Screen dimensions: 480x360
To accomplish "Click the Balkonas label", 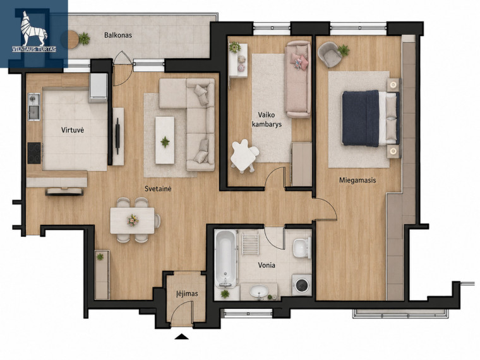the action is pyautogui.click(x=118, y=35).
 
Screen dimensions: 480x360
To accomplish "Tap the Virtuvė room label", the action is pyautogui.click(x=73, y=130).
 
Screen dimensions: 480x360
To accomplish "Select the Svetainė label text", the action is pyautogui.click(x=158, y=189).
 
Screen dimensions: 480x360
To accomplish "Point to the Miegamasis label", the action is pyautogui.click(x=357, y=180).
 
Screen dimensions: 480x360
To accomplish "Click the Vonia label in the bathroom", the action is pyautogui.click(x=267, y=265).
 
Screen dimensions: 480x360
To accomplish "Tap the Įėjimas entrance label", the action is pyautogui.click(x=187, y=294).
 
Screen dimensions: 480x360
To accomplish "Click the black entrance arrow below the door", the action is pyautogui.click(x=181, y=337).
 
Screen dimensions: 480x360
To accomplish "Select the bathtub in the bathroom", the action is pyautogui.click(x=225, y=259).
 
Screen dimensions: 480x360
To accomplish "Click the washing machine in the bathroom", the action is pyautogui.click(x=302, y=285).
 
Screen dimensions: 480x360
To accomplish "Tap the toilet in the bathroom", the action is pyautogui.click(x=302, y=247).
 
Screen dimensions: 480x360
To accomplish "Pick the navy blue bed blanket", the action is pyautogui.click(x=361, y=118).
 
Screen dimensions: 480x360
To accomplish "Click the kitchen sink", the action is pyautogui.click(x=34, y=107).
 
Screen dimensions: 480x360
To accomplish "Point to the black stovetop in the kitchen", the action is pyautogui.click(x=34, y=153).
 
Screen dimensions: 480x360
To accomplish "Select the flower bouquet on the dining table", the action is pyautogui.click(x=133, y=220).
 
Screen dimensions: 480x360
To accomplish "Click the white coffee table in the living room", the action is pyautogui.click(x=165, y=140).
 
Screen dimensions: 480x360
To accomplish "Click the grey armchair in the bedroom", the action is pyautogui.click(x=330, y=54).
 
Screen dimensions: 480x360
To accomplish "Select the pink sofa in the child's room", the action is pyautogui.click(x=297, y=80).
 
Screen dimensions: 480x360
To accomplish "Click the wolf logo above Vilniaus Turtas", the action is pyautogui.click(x=33, y=28).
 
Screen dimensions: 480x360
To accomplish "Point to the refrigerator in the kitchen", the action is pyautogui.click(x=99, y=88).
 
